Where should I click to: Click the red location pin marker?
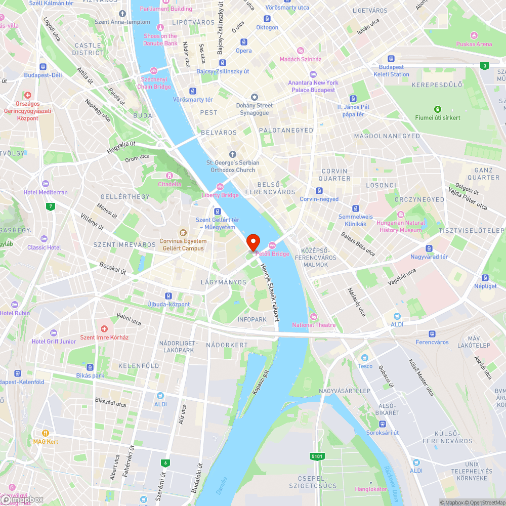(252, 242)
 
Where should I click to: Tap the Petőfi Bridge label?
(273, 254)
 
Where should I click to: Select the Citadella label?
(170, 184)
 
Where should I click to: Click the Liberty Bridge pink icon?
(220, 187)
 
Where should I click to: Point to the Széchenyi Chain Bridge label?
(156, 83)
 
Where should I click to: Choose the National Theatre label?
(314, 325)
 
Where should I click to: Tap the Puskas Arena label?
(474, 44)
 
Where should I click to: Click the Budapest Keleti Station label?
(392, 71)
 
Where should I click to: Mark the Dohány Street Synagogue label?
(255, 109)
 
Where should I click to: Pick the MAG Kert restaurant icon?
(46, 433)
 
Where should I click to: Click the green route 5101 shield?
(317, 456)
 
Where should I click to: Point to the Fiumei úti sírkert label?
(438, 117)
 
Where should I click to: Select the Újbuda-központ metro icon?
(168, 296)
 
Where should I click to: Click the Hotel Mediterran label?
(46, 192)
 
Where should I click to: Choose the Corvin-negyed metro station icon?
(319, 191)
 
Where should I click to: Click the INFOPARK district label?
(252, 320)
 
